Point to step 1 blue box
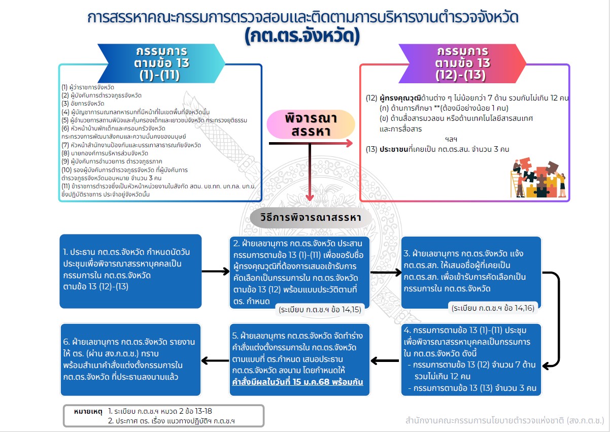point(130,271)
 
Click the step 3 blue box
point(470,272)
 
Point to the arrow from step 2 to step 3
point(386,273)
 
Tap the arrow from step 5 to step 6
point(216,360)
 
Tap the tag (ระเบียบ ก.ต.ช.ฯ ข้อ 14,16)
point(495,308)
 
